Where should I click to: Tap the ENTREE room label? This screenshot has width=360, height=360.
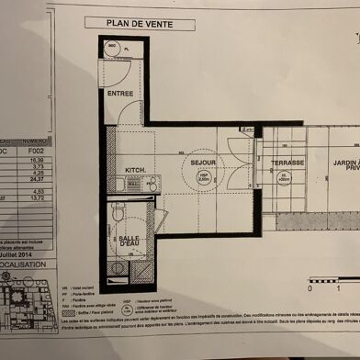coord(119,93)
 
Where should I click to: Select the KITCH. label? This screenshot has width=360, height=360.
coord(136,170)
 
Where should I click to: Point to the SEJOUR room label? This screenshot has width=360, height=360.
coord(203,163)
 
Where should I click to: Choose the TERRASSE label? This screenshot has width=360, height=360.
coord(287,163)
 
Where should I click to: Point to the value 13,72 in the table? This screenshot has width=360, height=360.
coord(36,198)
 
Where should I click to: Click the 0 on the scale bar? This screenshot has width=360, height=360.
coord(310,287)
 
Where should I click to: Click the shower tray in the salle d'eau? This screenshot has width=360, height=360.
coord(118,268)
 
